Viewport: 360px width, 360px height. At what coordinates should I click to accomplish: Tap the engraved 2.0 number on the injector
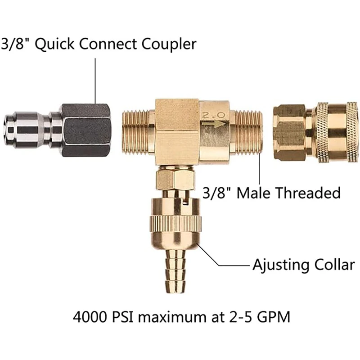[214, 114]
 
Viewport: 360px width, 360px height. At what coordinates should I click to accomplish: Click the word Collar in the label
[334, 264]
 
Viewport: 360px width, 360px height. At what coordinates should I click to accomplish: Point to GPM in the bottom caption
[272, 318]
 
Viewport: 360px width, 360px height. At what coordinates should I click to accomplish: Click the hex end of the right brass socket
[290, 132]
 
